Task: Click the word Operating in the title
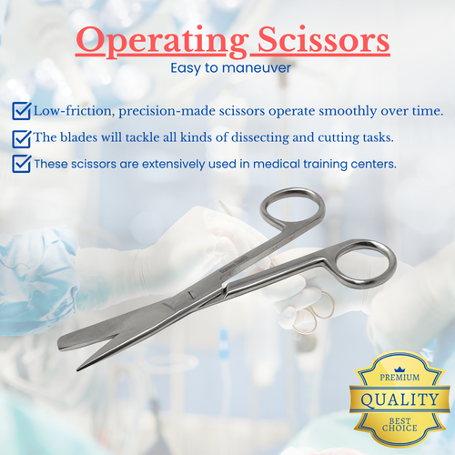[151, 42]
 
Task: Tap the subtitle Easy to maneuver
[227, 67]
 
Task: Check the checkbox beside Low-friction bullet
[21, 111]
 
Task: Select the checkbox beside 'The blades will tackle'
[21, 138]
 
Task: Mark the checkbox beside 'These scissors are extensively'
[21, 165]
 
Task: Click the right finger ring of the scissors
[363, 265]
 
